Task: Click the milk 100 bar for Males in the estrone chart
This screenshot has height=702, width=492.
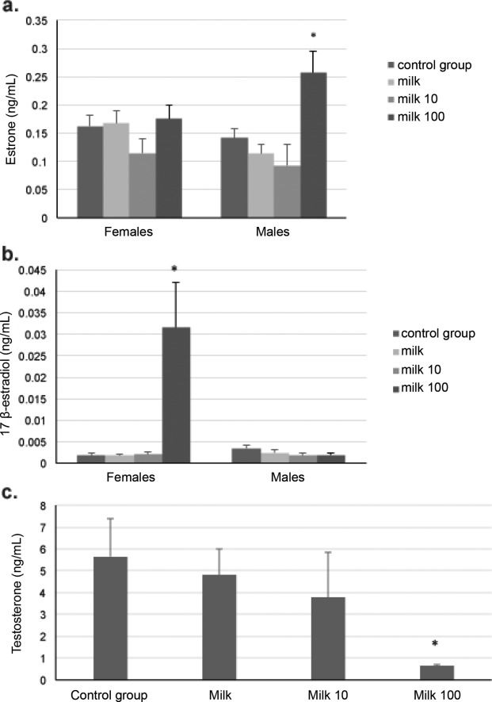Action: (x=313, y=145)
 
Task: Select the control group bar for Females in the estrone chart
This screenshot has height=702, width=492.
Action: (x=90, y=172)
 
